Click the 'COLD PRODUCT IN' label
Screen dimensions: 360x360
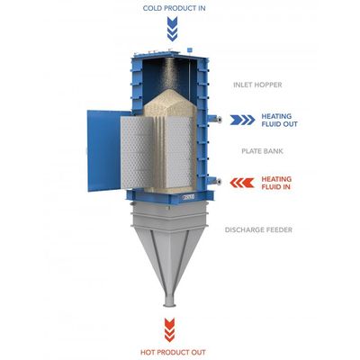[x=174, y=8]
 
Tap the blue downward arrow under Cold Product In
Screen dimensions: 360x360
[x=172, y=29]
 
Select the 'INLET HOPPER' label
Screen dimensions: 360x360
[x=257, y=85]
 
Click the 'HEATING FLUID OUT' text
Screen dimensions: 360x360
[x=279, y=120]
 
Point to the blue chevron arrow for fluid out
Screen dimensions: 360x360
[x=242, y=120]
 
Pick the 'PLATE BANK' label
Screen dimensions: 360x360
[x=262, y=151]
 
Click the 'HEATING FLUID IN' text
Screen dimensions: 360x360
[x=276, y=183]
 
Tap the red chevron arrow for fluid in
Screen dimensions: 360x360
[x=242, y=183]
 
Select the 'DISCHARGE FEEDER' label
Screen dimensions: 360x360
[x=258, y=230]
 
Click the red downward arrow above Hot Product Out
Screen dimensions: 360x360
[x=169, y=330]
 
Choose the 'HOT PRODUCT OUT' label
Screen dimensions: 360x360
[x=173, y=352]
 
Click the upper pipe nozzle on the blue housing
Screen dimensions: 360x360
[x=215, y=119]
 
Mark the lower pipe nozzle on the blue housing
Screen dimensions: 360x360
[x=215, y=181]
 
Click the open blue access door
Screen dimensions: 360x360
[x=103, y=150]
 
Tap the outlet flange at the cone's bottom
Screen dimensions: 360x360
[x=168, y=301]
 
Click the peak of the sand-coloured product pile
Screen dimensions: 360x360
[x=170, y=89]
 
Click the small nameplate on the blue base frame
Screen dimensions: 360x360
[x=188, y=197]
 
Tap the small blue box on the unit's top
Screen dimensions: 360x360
[x=189, y=49]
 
